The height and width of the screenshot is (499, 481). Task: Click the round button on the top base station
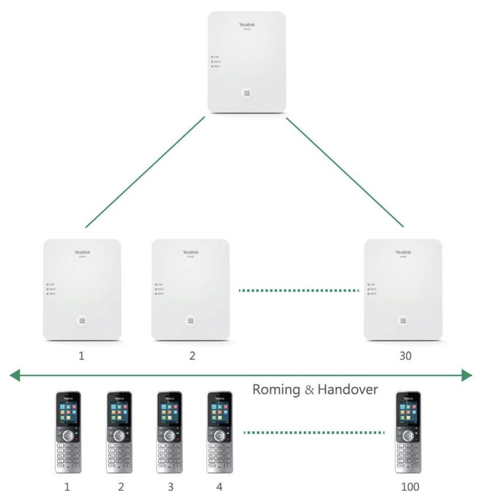pos(246,92)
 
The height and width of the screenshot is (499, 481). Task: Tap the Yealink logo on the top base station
pos(246,25)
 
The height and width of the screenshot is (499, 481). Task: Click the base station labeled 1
pos(82,290)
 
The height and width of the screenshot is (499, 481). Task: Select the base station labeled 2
pos(190,290)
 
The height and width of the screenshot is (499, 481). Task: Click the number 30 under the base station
pos(405,356)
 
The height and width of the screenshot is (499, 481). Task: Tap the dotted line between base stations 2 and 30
pos(298,291)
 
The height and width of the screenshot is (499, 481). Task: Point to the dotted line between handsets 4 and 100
pos(314,433)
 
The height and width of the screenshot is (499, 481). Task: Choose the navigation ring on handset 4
pos(220,436)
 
